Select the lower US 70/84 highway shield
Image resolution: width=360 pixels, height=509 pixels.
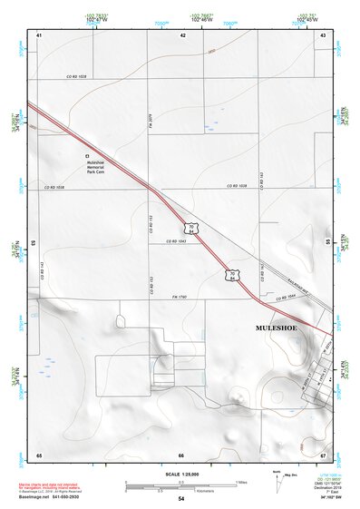233,273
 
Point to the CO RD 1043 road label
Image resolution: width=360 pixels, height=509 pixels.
177,241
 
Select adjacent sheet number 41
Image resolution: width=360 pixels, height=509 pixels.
39,34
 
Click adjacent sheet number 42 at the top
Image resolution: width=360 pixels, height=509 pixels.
182,34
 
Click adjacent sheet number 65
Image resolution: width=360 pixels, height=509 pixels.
39,454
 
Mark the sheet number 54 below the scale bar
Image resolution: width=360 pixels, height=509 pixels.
181,499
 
